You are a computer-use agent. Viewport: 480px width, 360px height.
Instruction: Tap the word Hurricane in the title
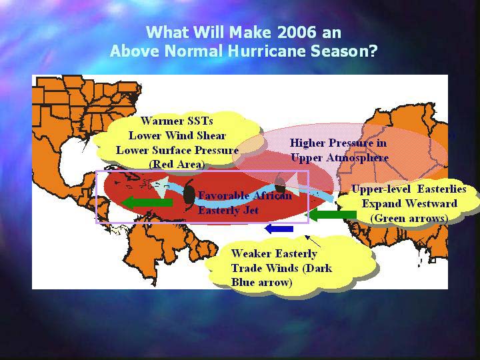267,51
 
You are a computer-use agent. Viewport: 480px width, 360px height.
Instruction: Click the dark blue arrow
279,229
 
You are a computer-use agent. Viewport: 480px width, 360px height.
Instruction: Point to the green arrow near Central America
147,203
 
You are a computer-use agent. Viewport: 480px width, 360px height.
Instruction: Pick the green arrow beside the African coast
333,214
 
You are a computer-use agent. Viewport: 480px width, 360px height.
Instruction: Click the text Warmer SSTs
177,121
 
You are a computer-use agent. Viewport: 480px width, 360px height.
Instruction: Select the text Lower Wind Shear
177,135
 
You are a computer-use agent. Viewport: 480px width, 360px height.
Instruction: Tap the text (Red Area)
177,165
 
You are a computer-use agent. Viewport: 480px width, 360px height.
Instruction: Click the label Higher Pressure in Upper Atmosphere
339,150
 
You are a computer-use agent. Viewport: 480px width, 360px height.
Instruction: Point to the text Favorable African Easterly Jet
245,203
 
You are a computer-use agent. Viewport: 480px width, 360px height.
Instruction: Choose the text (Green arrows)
409,219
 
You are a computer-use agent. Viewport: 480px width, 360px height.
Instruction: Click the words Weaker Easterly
274,253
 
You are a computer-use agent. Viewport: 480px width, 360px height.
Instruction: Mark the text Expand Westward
409,203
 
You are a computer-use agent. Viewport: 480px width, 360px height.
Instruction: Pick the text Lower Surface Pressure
177,150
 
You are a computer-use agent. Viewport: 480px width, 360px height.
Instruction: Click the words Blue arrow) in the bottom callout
261,282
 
